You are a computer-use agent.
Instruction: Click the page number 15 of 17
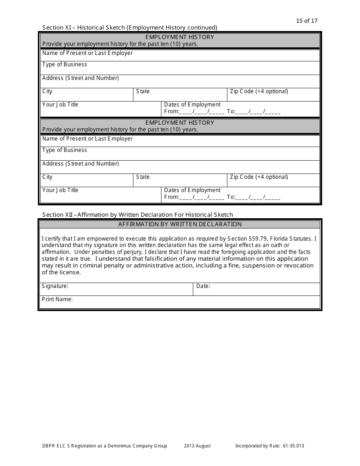tap(307, 21)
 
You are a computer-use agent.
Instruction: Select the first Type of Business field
tap(180, 68)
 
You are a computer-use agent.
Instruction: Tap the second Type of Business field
tap(180, 153)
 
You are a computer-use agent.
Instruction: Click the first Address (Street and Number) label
tap(81, 78)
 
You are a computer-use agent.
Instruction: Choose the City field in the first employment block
tap(86, 95)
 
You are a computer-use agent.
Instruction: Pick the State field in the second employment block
tap(180, 180)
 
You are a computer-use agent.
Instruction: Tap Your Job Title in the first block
tap(60, 105)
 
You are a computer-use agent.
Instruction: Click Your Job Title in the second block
tap(60, 190)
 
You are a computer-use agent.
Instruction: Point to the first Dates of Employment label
tap(192, 105)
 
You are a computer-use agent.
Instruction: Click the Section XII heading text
tap(138, 215)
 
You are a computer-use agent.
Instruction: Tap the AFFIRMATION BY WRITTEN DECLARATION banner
tap(180, 224)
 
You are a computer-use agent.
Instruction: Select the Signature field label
tap(55, 286)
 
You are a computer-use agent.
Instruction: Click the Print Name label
tap(57, 299)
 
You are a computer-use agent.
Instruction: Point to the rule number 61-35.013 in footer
tap(293, 446)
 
